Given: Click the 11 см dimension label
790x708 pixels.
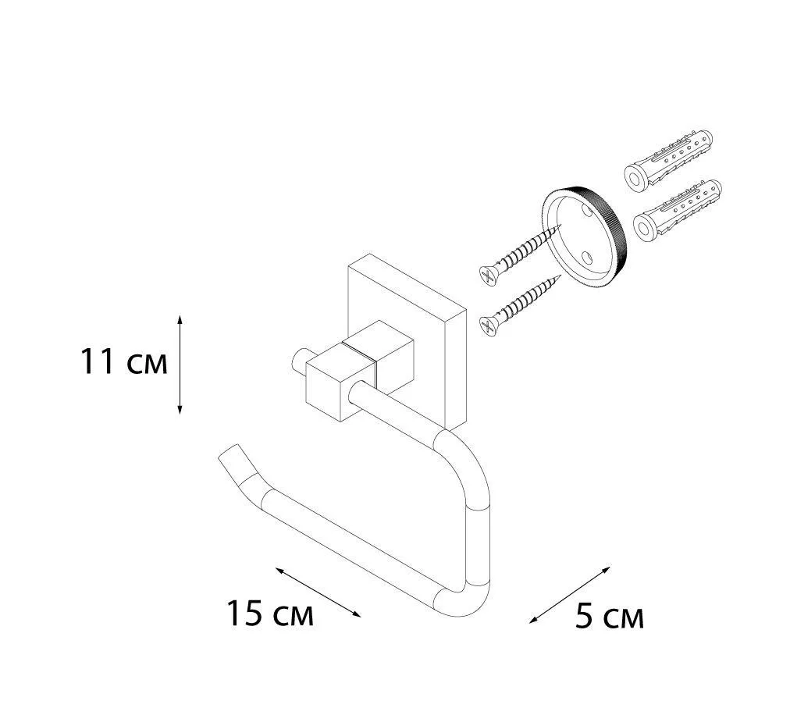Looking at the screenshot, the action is [124, 362].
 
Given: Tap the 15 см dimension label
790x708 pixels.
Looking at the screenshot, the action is [271, 614].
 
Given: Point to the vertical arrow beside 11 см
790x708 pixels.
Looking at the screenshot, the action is [180, 365].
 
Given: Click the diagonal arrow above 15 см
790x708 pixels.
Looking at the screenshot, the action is [318, 592].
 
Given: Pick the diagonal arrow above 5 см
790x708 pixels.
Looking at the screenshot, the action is [569, 595].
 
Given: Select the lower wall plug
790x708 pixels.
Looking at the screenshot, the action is [677, 209].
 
